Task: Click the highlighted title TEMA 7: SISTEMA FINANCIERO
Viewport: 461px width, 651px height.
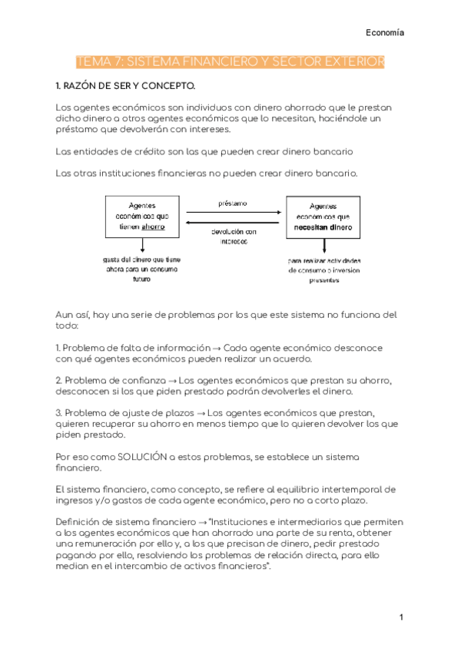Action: coord(230,61)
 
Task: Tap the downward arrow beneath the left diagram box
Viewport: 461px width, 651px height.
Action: coord(142,245)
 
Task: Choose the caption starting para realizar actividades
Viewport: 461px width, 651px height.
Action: coord(324,271)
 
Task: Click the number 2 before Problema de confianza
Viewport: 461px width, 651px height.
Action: coord(58,380)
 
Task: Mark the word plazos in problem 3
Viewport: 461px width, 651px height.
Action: coord(173,413)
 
